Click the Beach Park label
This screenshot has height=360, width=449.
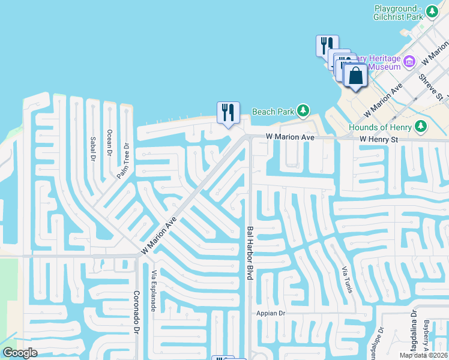[x=273, y=112]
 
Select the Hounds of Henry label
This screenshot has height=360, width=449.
[x=380, y=127]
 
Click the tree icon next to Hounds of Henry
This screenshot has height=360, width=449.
[x=421, y=126]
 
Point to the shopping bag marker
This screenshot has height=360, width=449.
[x=355, y=77]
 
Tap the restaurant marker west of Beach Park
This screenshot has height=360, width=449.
[x=228, y=112]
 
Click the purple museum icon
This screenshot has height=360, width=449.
[x=410, y=61]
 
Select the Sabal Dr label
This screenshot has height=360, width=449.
[x=93, y=149]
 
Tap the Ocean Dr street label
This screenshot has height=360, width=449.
[x=109, y=143]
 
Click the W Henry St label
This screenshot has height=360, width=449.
[x=379, y=139]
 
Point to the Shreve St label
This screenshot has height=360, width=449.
[x=430, y=88]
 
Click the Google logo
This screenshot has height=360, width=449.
[x=20, y=353]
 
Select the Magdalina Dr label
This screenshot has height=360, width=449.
[x=414, y=327]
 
